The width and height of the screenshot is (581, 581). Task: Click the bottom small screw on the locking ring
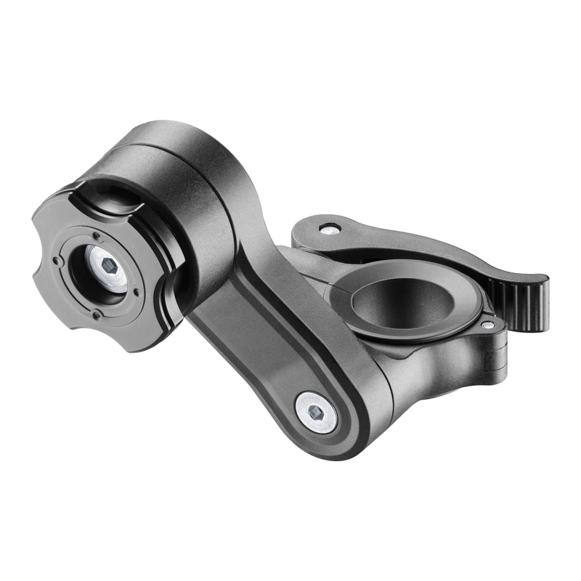[96, 314]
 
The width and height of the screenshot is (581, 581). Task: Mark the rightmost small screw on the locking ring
[137, 293]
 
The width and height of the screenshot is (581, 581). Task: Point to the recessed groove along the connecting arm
[269, 320]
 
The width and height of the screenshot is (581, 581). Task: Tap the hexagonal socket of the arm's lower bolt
[317, 412]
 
